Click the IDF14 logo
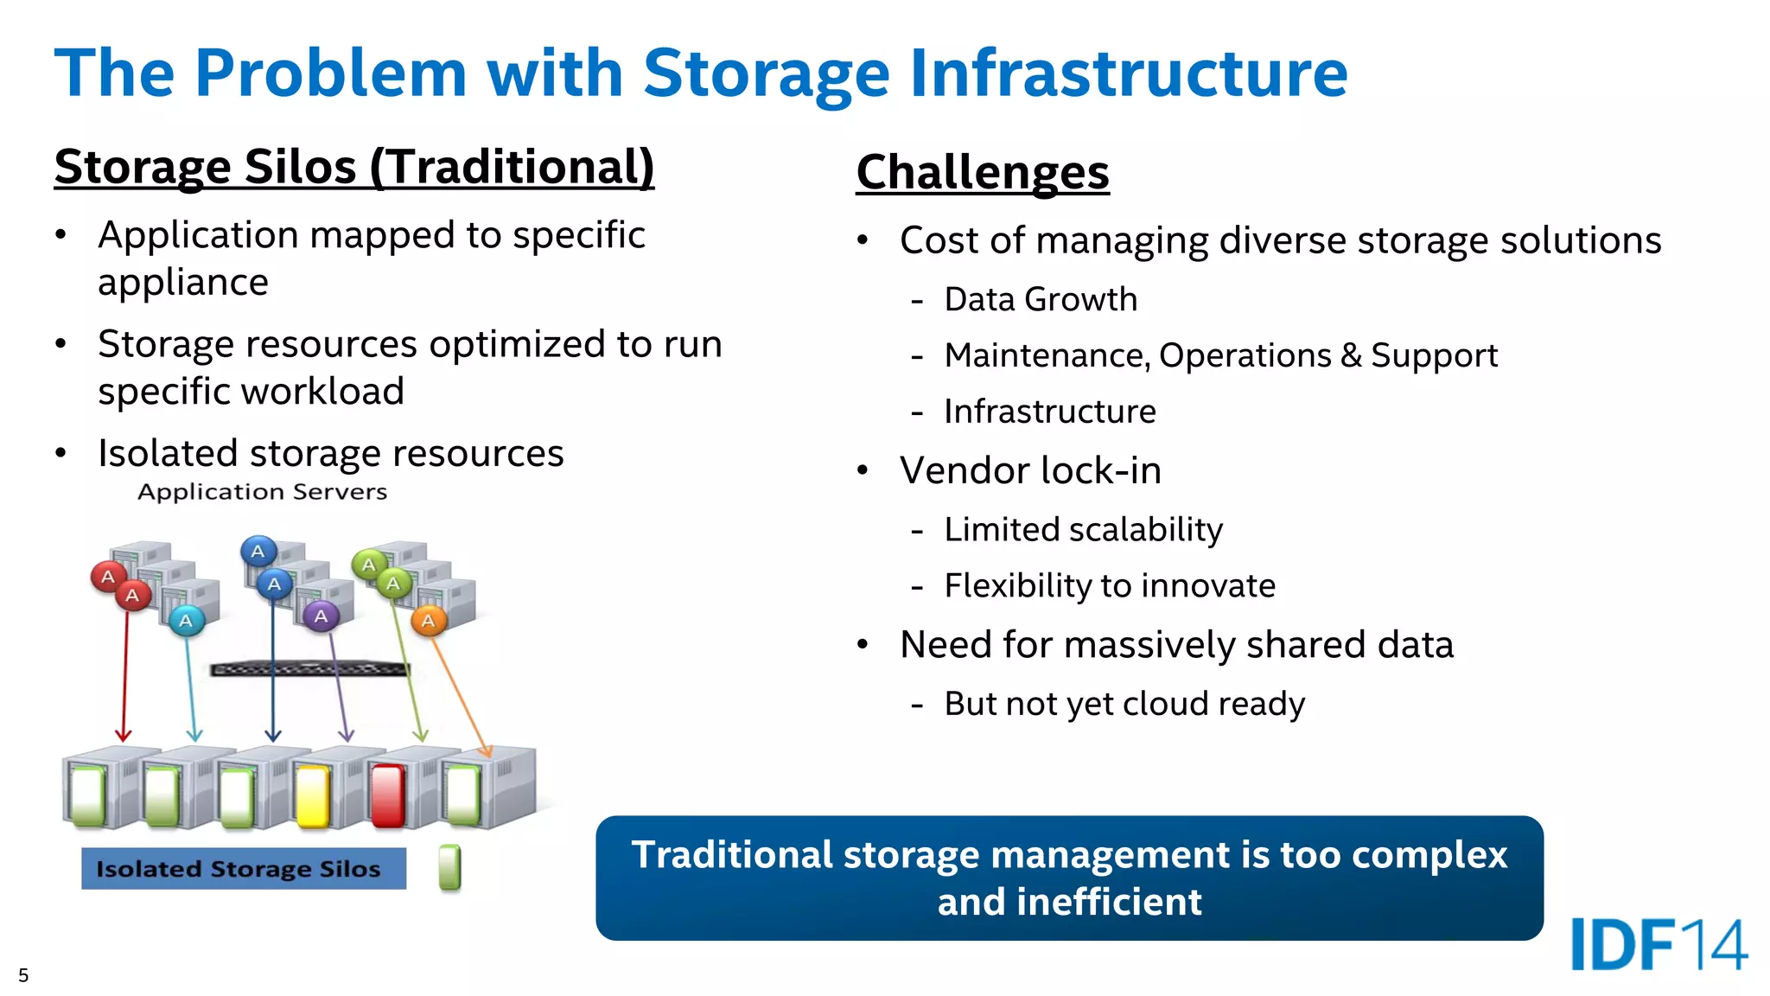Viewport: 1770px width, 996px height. pos(1659,944)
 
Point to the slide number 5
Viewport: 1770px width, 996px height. pos(23,975)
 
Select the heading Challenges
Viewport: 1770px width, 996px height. pos(983,171)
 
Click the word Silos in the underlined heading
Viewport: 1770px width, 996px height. pos(300,166)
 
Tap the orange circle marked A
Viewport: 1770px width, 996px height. pos(428,621)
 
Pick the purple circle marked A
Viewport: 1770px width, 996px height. pos(321,616)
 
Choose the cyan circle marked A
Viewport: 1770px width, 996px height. pos(186,621)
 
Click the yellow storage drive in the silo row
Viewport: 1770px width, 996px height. pos(313,795)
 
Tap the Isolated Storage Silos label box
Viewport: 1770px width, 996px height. pos(243,868)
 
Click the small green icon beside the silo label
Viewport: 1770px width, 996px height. pos(449,867)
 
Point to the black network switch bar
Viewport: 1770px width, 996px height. pos(309,668)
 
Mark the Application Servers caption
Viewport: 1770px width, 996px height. pos(262,492)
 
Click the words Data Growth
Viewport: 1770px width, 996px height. pos(1041,299)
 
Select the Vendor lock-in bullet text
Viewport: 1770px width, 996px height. pos(1030,470)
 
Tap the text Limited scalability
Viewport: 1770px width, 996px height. pos(1083,529)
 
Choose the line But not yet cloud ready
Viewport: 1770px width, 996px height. pos(1124,704)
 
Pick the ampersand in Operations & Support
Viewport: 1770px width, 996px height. pos(1351,355)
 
